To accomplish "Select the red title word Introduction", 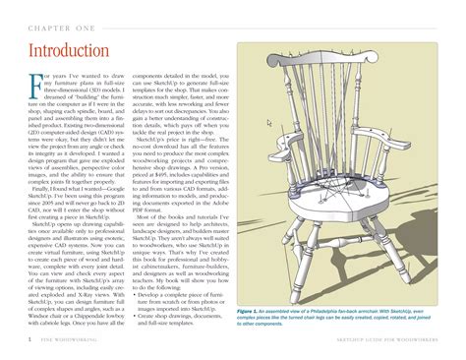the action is point(68,50).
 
